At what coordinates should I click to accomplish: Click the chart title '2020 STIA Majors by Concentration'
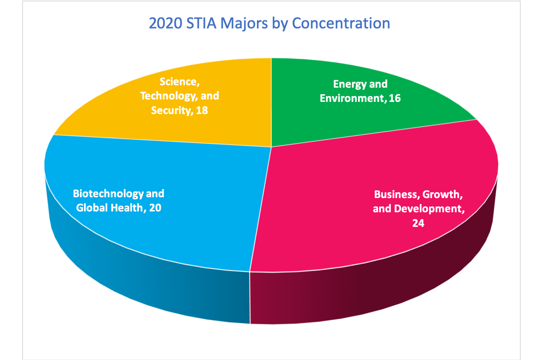(269, 23)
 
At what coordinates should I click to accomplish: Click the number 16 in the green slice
(394, 98)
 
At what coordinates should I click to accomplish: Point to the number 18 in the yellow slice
(201, 110)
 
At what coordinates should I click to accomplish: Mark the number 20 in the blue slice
(155, 208)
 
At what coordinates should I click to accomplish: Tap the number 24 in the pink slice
(418, 223)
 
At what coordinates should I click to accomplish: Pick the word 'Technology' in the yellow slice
(166, 96)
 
